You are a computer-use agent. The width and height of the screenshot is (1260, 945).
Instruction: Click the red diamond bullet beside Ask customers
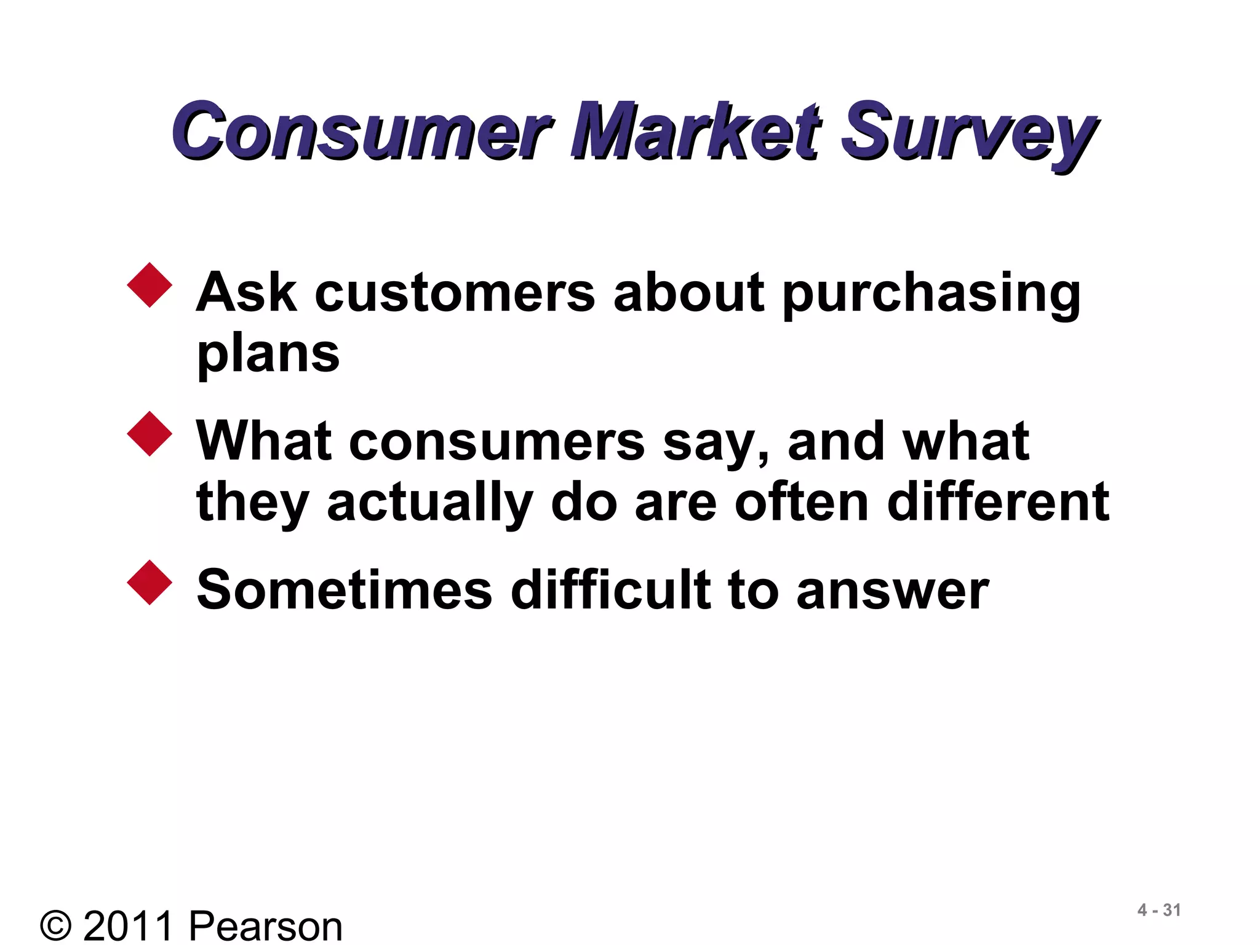click(x=150, y=285)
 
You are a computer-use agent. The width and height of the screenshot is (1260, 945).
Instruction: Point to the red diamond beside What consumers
click(x=150, y=434)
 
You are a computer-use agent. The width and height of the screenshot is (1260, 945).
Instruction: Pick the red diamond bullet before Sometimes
click(x=150, y=583)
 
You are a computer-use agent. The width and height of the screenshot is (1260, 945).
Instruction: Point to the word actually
click(x=429, y=503)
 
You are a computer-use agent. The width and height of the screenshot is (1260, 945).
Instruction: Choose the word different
click(x=998, y=501)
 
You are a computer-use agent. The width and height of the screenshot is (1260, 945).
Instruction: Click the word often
click(x=802, y=501)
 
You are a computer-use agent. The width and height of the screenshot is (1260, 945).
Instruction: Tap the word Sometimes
click(x=345, y=590)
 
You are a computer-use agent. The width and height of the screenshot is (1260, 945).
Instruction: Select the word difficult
click(x=610, y=590)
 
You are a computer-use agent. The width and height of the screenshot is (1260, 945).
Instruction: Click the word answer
click(x=892, y=592)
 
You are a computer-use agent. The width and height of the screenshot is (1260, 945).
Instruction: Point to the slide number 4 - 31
click(x=1159, y=910)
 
